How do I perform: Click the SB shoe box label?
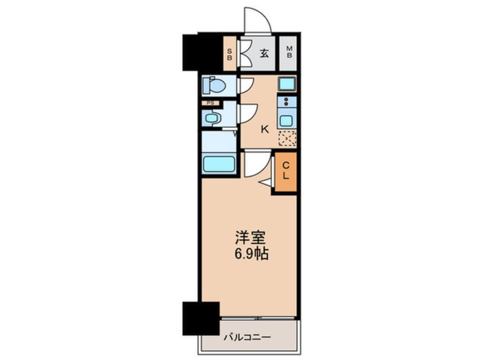coord(230,55)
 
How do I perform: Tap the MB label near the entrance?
coord(289,54)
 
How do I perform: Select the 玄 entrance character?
coord(264,54)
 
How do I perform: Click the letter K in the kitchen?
coord(264,129)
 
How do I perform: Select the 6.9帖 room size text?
coord(249,253)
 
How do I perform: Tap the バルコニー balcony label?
coord(247,337)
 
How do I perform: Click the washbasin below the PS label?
coord(212,118)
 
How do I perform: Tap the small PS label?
coord(211,103)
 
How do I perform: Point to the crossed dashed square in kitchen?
coord(287,139)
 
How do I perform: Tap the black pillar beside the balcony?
coord(201,318)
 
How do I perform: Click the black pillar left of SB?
coord(202,53)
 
